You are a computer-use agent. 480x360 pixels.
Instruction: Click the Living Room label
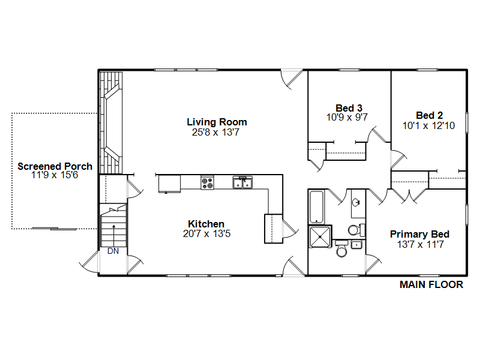coord(217,122)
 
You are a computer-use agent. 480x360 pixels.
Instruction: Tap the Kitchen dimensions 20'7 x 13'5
coord(206,234)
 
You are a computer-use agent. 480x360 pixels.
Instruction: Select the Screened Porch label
coord(55,166)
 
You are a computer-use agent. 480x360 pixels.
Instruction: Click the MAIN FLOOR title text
coord(431,285)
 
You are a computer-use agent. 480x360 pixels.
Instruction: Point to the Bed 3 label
coord(348,108)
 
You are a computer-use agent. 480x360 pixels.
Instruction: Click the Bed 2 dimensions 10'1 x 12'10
coord(430,125)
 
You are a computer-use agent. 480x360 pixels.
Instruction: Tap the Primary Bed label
coord(419,234)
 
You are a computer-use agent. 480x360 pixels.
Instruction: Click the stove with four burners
coord(207,182)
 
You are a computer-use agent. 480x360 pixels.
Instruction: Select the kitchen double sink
coord(243,182)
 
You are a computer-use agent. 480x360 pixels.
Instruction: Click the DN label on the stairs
coord(113,251)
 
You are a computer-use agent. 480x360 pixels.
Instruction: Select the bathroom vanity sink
coord(357,203)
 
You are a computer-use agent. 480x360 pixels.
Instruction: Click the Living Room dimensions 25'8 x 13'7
coord(217,132)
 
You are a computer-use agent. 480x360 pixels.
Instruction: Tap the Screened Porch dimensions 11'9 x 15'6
coord(55,175)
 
